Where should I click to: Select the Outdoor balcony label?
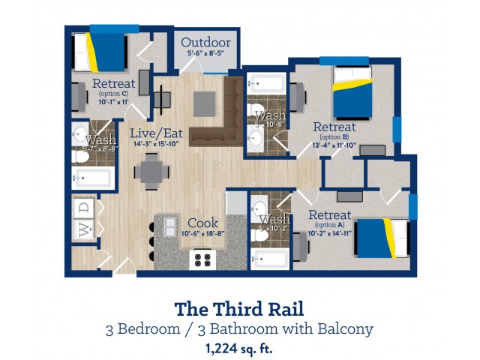pos(205,43)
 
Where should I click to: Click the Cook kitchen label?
pos(202,223)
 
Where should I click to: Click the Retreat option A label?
pos(330,217)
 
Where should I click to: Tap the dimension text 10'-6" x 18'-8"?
pos(205,234)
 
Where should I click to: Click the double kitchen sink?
pos(165,226)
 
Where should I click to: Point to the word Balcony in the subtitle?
pos(343,328)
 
